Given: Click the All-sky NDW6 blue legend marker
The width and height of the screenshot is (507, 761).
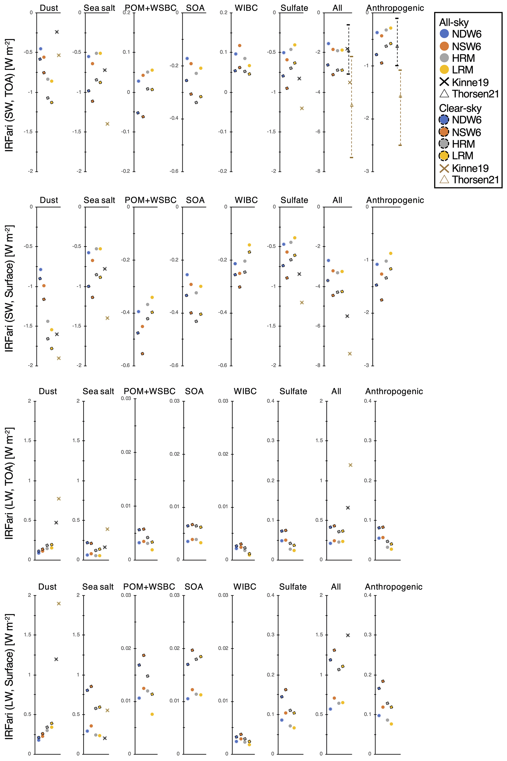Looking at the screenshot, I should click(445, 34).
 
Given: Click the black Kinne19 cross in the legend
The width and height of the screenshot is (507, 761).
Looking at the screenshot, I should click(445, 82).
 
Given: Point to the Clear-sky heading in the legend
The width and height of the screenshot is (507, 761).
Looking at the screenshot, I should click(460, 109).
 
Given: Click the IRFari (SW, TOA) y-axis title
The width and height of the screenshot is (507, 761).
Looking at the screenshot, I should click(9, 95).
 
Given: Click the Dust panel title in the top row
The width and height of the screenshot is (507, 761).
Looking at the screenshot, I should click(49, 8).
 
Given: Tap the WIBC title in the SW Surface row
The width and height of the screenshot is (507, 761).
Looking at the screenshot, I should click(246, 200).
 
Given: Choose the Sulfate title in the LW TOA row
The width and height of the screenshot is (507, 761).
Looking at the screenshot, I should click(293, 392).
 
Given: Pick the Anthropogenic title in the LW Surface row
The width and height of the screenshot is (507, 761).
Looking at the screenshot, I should click(393, 587).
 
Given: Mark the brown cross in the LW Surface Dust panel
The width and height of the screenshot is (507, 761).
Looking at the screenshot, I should click(59, 604).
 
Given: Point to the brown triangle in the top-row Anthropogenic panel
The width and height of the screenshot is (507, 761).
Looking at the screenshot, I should click(400, 96).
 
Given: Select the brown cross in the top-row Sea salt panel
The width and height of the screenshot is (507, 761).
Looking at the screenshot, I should click(107, 124).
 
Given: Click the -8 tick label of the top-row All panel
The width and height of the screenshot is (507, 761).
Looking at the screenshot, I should click(318, 171).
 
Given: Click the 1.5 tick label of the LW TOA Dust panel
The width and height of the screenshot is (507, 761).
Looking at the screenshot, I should click(27, 441).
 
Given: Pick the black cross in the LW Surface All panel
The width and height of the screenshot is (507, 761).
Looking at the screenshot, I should click(348, 635).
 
